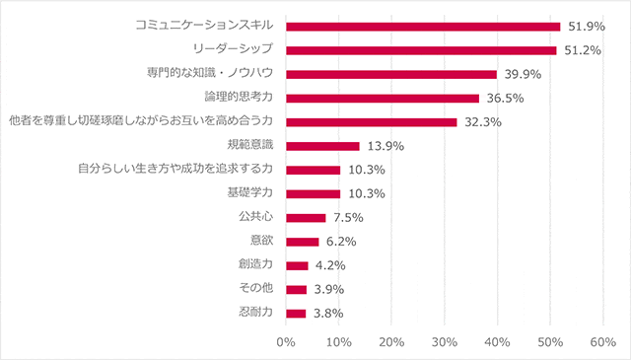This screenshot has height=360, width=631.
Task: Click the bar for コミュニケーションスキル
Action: pos(422,27)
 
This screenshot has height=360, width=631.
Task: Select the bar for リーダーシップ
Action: pos(421,50)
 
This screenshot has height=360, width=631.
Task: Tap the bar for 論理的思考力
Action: pos(382,99)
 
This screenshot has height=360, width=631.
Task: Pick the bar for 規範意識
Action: pos(322,146)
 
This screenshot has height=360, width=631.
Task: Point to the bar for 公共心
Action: pos(306,218)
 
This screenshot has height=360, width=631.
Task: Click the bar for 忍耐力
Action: pos(296,314)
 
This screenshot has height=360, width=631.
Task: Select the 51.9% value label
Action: pos(587,27)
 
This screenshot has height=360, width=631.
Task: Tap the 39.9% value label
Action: pos(523,75)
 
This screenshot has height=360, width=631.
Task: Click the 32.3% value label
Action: pos(483,122)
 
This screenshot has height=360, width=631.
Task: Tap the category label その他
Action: pos(255,290)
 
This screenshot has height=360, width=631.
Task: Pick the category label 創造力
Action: pos(255,265)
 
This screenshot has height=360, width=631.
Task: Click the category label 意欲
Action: pos(261,242)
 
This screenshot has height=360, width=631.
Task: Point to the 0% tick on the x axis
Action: pos(286,342)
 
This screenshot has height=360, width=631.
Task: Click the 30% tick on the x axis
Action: pos(445,342)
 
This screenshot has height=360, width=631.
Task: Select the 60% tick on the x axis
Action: pos(602,342)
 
